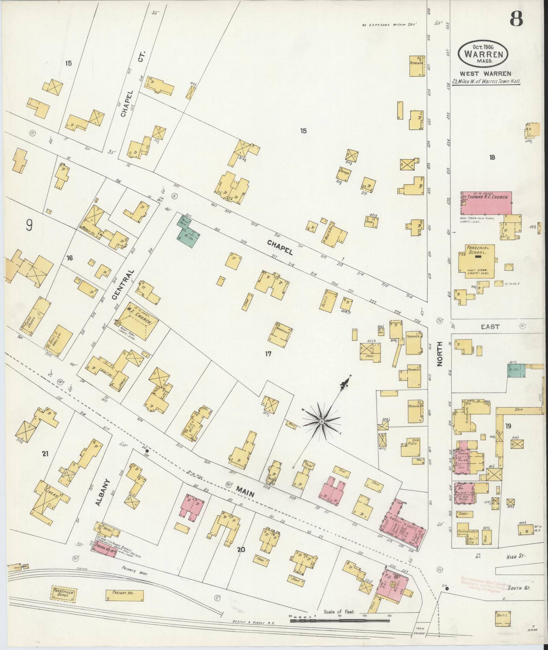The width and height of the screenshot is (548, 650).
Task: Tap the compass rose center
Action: pyautogui.click(x=321, y=422)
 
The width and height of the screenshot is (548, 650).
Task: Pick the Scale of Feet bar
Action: pyautogui.click(x=340, y=620)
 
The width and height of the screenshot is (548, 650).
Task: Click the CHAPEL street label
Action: pyautogui.click(x=280, y=247)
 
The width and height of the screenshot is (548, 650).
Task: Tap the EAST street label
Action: pyautogui.click(x=490, y=327)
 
